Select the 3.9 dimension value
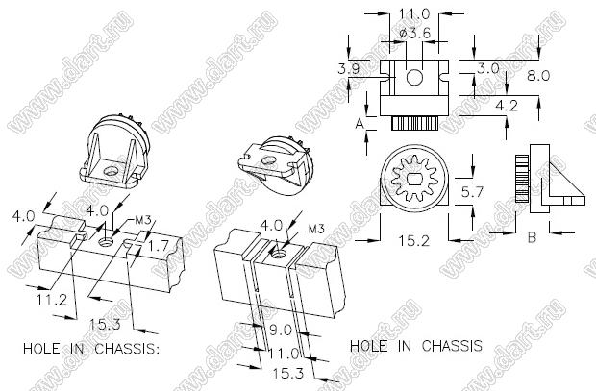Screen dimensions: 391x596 coord(349,69)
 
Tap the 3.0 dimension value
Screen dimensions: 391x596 coord(487,69)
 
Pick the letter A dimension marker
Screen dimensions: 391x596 coord(359,124)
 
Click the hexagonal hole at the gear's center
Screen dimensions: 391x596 coord(414,180)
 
